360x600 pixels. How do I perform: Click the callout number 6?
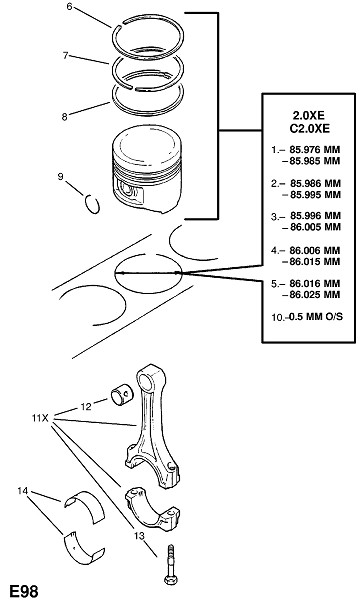[69, 7]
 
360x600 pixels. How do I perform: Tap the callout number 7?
[66, 55]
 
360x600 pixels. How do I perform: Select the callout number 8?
[65, 117]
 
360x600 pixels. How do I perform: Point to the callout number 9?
[60, 176]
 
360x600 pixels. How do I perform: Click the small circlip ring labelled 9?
[92, 204]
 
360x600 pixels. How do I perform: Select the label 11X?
[40, 417]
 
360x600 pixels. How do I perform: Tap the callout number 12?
[86, 406]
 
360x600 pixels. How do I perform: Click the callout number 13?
[139, 536]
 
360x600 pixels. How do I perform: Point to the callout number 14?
[23, 490]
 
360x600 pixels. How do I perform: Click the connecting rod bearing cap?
[153, 509]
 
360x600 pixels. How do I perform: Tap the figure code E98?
[24, 591]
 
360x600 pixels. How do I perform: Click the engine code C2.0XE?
[309, 128]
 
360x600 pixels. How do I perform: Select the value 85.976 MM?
[315, 150]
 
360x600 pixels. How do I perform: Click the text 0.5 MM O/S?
[316, 317]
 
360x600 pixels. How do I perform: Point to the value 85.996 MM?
[315, 216]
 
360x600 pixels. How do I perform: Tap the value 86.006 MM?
[315, 251]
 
